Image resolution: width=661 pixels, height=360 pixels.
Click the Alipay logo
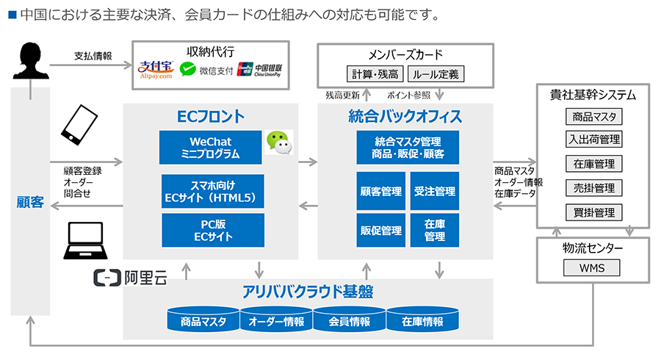coord(155,68)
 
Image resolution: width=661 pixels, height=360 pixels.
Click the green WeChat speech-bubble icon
coord(278,142)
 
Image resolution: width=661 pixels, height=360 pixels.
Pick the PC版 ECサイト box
coord(213,230)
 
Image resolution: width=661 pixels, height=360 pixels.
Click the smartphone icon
coord(79,125)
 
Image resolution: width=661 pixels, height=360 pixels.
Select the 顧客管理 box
coord(381,191)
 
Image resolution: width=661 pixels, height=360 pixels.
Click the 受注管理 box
coord(435,191)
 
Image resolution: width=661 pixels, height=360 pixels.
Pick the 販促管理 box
coord(381,231)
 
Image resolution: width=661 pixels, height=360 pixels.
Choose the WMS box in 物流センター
coord(592,267)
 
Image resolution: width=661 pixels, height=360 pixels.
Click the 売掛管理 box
coord(594,188)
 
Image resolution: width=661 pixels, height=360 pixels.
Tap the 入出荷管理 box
coord(594,140)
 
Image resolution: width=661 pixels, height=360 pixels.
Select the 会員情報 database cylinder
coord(350,320)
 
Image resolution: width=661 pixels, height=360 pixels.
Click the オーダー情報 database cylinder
coord(276,320)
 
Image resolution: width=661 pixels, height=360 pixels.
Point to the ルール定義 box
coord(435,74)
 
